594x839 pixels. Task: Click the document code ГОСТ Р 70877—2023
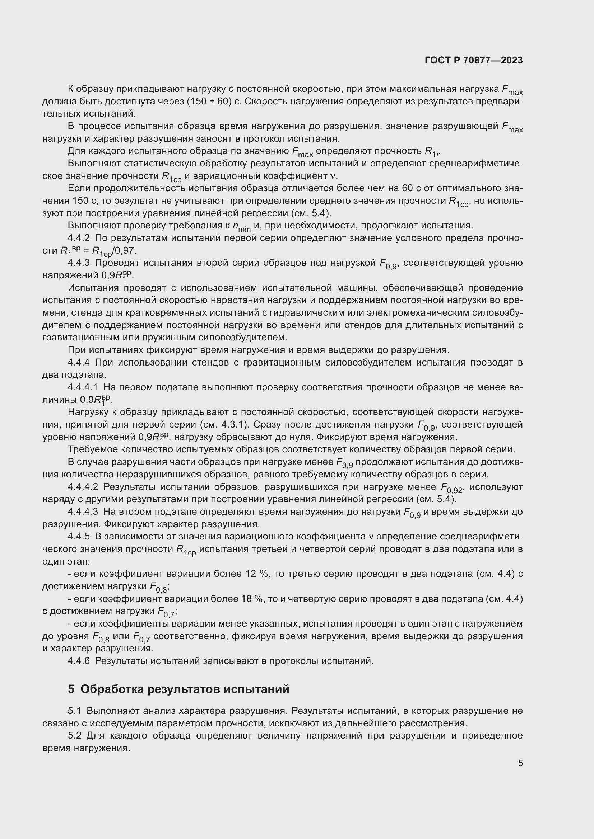[474, 61]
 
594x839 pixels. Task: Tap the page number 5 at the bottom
[520, 763]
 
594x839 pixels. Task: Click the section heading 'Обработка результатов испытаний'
[185, 689]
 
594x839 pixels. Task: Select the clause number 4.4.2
[79, 238]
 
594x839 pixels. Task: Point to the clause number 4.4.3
[79, 263]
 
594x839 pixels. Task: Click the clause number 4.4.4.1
[83, 387]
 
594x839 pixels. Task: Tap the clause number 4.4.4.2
[83, 487]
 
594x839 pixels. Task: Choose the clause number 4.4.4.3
[83, 512]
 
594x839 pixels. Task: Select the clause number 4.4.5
[79, 537]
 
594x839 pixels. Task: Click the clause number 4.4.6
[79, 661]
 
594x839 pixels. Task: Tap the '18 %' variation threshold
[251, 599]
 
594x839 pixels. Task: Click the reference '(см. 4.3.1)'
[224, 425]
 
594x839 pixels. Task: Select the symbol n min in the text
[241, 227]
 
